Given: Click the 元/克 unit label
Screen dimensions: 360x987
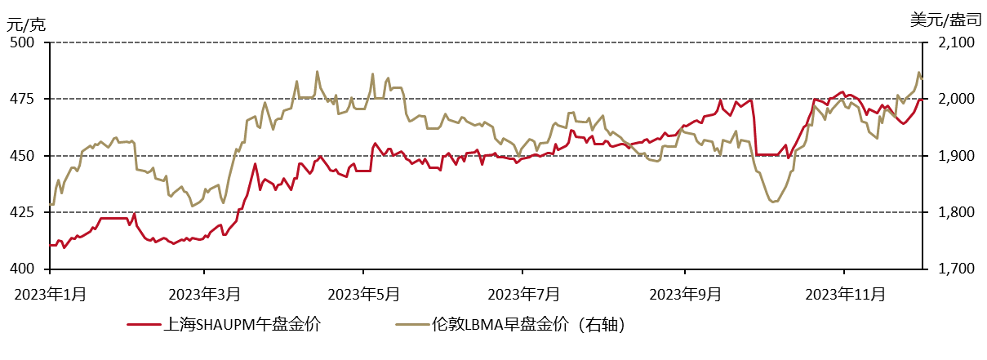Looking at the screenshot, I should [x=26, y=24].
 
